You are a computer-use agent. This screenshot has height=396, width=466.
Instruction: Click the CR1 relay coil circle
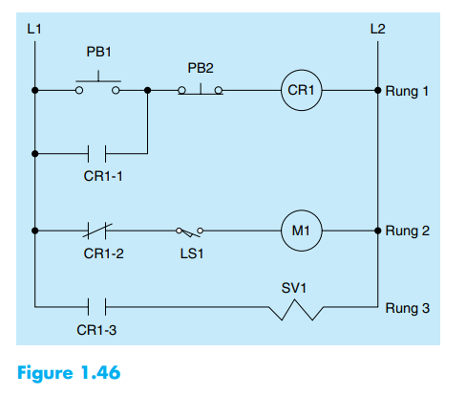pyautogui.click(x=301, y=91)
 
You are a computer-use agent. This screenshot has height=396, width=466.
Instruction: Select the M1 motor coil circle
pyautogui.click(x=301, y=231)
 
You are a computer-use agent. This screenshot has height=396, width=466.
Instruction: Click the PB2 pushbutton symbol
pyautogui.click(x=201, y=89)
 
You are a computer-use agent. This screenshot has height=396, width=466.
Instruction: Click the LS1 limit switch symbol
pyautogui.click(x=189, y=231)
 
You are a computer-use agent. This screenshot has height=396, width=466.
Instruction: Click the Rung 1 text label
pyautogui.click(x=408, y=92)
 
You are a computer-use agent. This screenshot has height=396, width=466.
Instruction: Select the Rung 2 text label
pyautogui.click(x=408, y=231)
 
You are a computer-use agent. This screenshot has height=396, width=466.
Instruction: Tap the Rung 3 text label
pyautogui.click(x=408, y=308)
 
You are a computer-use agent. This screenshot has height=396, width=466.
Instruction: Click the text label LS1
pyautogui.click(x=189, y=254)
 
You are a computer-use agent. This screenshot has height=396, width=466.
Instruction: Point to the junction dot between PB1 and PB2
pyautogui.click(x=147, y=91)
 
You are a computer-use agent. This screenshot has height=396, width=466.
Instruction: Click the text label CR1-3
pyautogui.click(x=94, y=330)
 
